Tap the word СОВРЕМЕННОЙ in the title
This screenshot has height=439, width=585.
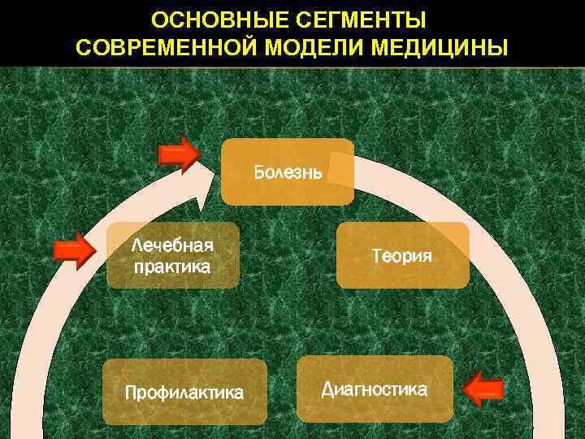tap(166, 47)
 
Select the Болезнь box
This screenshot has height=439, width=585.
tap(288, 172)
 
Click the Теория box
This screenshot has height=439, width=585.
tap(402, 255)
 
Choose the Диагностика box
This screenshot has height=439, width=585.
tap(375, 389)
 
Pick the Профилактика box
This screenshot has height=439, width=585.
tap(184, 392)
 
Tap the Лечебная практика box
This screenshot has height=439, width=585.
tap(173, 255)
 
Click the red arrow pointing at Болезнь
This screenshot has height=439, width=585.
tap(180, 154)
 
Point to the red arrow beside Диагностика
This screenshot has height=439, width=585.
tap(484, 389)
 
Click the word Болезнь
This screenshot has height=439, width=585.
tap(288, 172)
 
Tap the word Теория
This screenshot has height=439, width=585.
tap(402, 256)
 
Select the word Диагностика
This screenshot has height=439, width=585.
tap(375, 389)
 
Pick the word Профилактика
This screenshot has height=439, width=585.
tap(184, 393)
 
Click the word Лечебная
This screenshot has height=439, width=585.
tap(172, 246)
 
